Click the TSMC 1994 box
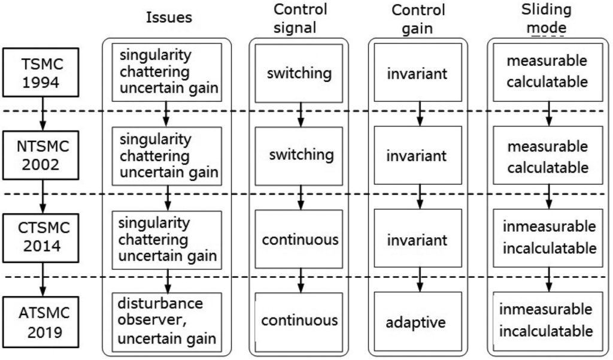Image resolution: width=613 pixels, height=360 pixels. click(x=41, y=72)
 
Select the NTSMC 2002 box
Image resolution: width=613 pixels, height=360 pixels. click(x=41, y=155)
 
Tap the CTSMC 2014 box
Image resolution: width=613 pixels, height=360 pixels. click(x=41, y=238)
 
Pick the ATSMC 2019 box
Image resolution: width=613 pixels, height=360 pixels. click(x=41, y=322)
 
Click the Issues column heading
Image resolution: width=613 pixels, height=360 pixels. click(x=169, y=17)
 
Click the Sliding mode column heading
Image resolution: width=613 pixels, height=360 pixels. click(x=546, y=19)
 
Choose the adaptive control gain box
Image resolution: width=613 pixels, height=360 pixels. click(x=417, y=321)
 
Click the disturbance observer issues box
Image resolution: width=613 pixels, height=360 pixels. click(x=167, y=322)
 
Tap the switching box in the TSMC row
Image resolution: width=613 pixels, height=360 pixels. click(x=299, y=73)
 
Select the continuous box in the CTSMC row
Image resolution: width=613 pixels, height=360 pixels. click(x=299, y=238)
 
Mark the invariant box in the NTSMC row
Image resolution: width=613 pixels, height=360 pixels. click(x=417, y=155)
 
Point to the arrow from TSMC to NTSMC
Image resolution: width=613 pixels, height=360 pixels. click(x=43, y=113)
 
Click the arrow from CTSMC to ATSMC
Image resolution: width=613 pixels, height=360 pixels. click(x=43, y=279)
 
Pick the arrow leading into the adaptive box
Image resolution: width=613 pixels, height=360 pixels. click(x=420, y=280)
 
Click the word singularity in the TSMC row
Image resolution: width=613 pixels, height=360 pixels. click(x=155, y=55)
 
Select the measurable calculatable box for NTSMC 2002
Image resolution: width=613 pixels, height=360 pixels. click(x=548, y=155)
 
